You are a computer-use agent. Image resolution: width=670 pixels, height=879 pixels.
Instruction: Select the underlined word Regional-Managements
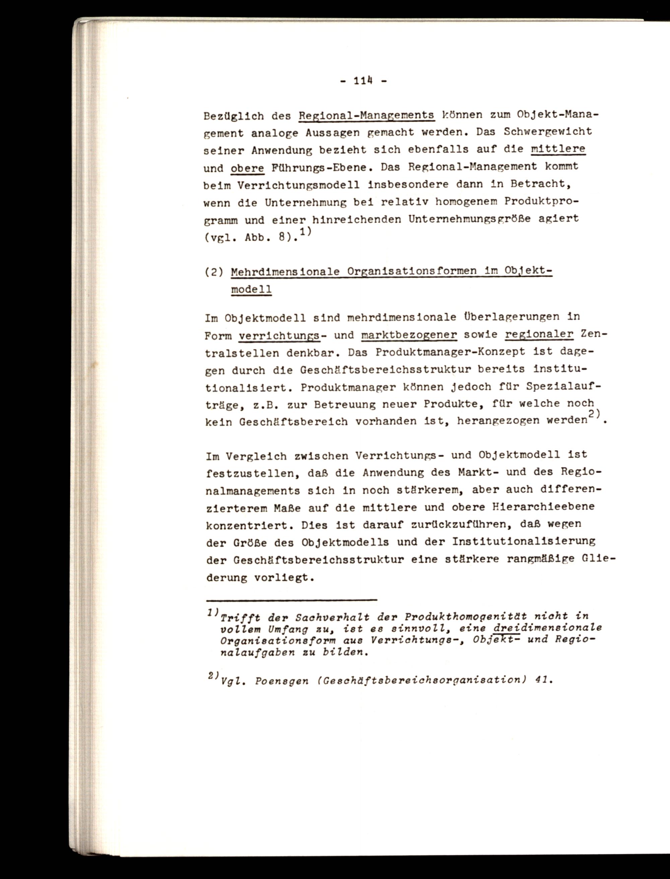[x=366, y=115]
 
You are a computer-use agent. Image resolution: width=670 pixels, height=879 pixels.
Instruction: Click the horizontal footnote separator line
[x=291, y=599]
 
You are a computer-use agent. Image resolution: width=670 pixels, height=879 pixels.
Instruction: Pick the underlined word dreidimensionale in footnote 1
[x=547, y=628]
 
